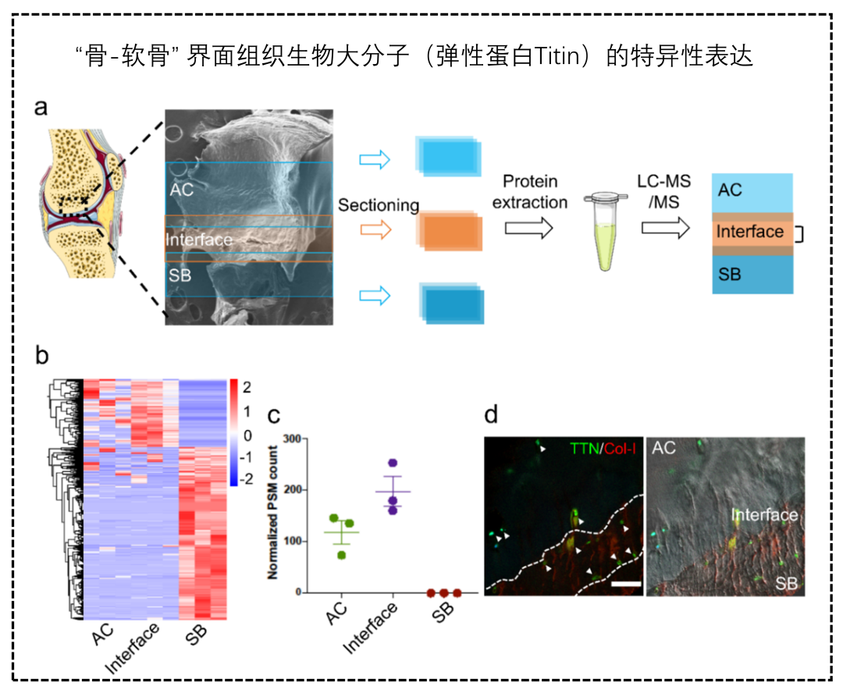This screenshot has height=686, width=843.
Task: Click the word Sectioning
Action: click(x=379, y=204)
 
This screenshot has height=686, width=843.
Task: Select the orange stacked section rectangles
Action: click(x=448, y=230)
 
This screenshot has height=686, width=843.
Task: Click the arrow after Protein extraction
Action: click(x=528, y=228)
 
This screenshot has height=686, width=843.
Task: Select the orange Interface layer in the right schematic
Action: click(x=752, y=232)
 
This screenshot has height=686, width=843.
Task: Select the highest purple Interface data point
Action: click(x=393, y=464)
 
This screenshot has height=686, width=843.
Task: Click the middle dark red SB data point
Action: click(x=442, y=593)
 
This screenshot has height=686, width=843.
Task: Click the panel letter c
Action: click(x=274, y=415)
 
